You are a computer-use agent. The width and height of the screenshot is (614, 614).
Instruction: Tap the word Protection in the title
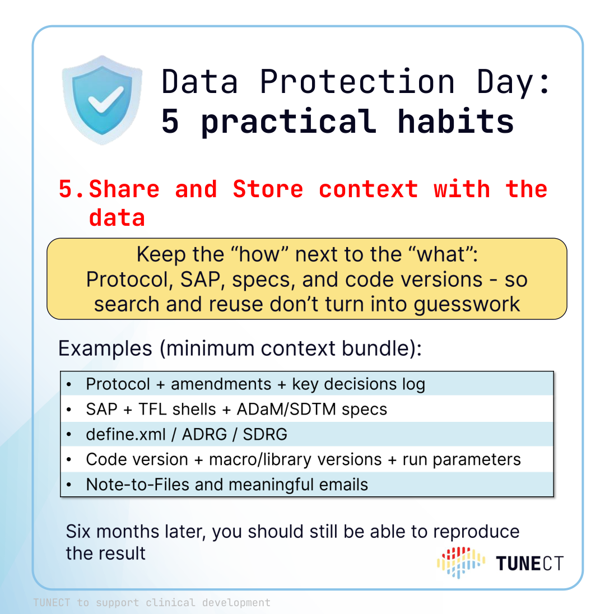click(x=357, y=82)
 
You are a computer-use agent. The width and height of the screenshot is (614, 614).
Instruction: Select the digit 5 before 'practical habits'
click(x=170, y=122)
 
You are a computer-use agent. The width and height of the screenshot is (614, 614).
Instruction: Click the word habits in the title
click(x=455, y=122)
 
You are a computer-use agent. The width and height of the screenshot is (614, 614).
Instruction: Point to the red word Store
click(x=268, y=189)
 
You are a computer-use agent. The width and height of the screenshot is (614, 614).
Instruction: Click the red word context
click(x=369, y=189)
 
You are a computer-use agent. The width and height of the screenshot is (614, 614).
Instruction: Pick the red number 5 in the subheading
click(x=66, y=189)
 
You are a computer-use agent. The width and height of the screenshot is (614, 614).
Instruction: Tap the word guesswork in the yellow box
click(x=467, y=305)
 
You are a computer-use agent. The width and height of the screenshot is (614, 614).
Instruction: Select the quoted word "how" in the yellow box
click(x=260, y=254)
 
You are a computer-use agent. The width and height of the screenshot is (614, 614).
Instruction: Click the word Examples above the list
click(x=105, y=348)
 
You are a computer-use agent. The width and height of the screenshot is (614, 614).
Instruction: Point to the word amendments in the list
click(x=221, y=384)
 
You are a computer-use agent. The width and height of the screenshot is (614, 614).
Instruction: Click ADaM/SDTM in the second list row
click(x=286, y=409)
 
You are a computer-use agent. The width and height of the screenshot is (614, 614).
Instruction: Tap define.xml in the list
click(x=125, y=434)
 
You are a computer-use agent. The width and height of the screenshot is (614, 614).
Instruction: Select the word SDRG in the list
click(x=265, y=434)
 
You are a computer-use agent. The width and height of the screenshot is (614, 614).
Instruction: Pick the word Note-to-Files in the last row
click(x=137, y=485)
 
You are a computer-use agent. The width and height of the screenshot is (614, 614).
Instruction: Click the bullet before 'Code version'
click(x=69, y=460)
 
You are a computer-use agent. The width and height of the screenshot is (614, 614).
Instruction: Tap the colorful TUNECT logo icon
click(x=461, y=562)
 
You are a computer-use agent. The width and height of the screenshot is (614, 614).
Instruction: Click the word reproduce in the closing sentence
click(x=476, y=532)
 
